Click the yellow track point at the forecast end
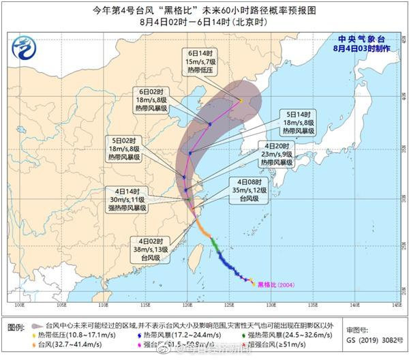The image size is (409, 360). (241, 101)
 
